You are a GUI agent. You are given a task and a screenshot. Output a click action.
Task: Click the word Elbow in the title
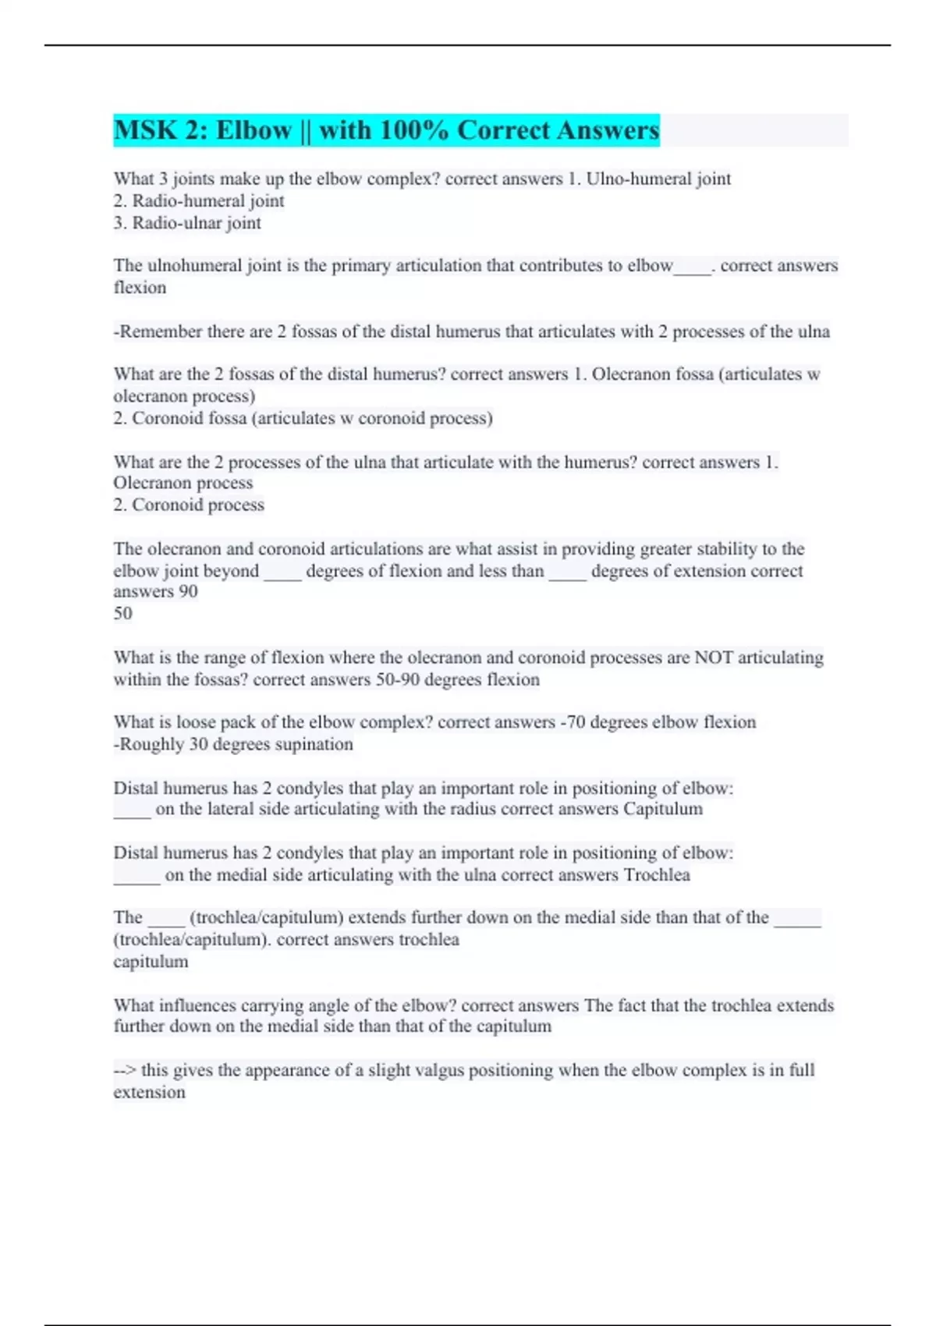253,129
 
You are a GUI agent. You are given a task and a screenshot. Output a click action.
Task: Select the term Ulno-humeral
633,179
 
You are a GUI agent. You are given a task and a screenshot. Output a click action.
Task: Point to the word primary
361,265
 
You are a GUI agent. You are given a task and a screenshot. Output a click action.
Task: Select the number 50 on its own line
122,613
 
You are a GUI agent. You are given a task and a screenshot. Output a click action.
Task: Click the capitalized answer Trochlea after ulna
657,875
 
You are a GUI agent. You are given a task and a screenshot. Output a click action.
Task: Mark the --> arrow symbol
124,1070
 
